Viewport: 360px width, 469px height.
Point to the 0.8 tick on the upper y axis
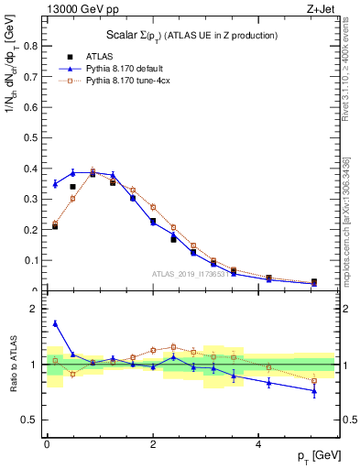click(32, 44)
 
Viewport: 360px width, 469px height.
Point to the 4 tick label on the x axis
click(259, 443)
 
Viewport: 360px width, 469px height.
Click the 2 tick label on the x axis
click(153, 443)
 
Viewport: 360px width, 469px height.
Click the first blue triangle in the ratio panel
click(55, 322)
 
